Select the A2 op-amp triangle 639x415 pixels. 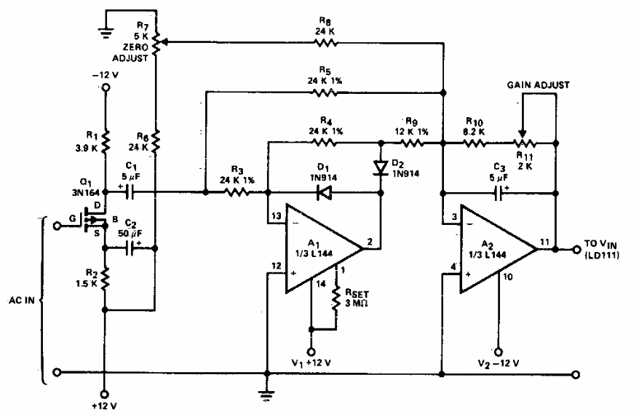pos(495,249)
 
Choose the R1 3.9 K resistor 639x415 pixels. pos(105,138)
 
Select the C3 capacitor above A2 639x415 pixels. pos(499,193)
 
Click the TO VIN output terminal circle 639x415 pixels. pos(576,249)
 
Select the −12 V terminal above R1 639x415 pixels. pos(105,88)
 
